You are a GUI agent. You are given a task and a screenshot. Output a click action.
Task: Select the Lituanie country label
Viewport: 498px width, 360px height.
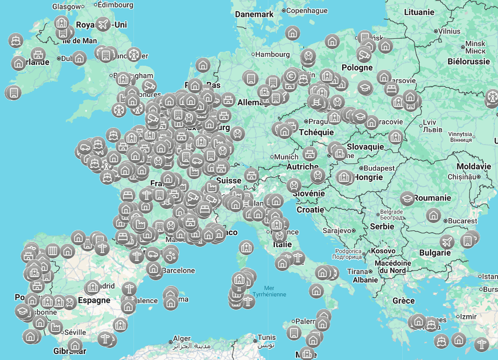pyautogui.click(x=419, y=12)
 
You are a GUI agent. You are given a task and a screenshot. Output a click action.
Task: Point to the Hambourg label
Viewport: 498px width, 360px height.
pyautogui.click(x=273, y=54)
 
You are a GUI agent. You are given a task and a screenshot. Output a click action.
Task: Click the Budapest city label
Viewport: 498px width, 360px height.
pyautogui.click(x=379, y=168)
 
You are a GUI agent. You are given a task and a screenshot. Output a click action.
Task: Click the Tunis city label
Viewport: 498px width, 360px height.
pyautogui.click(x=267, y=338)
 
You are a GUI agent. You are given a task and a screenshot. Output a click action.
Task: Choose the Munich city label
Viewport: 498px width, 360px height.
pyautogui.click(x=286, y=157)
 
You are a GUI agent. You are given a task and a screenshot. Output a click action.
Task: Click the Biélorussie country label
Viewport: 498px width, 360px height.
pyautogui.click(x=469, y=61)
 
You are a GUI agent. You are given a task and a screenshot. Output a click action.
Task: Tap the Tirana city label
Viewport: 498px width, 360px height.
pyautogui.click(x=358, y=271)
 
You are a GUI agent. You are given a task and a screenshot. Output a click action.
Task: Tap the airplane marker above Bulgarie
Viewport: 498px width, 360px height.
pyautogui.click(x=447, y=242)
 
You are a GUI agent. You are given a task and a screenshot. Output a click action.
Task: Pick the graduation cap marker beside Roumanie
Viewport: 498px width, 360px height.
pyautogui.click(x=407, y=198)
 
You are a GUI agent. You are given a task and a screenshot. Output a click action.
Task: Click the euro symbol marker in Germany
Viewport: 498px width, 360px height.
pyautogui.click(x=291, y=76)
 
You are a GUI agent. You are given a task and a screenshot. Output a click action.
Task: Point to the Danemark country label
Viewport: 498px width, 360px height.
pyautogui.click(x=254, y=14)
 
